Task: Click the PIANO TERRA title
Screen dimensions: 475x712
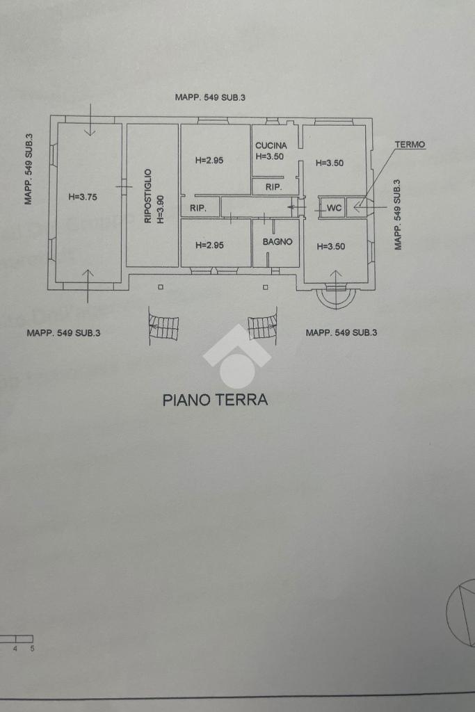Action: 216,400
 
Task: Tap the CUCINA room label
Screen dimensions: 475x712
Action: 271,146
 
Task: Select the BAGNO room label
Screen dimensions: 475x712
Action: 277,242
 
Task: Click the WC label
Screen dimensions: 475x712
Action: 335,208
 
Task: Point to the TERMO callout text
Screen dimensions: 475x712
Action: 410,145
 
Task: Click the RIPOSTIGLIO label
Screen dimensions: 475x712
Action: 147,195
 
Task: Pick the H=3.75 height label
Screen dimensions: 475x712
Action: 83,197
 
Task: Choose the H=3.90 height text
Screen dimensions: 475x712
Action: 160,210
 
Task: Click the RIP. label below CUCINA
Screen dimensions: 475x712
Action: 273,186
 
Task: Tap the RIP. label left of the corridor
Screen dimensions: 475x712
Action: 198,209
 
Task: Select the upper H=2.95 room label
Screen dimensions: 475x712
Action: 209,161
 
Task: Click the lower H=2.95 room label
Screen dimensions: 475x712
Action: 210,245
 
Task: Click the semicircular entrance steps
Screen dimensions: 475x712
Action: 336,297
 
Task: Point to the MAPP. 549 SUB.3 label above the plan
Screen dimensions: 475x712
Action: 210,97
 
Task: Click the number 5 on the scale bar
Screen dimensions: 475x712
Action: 32,649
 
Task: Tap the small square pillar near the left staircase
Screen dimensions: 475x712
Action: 160,287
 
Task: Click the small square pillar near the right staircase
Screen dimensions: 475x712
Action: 266,287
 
